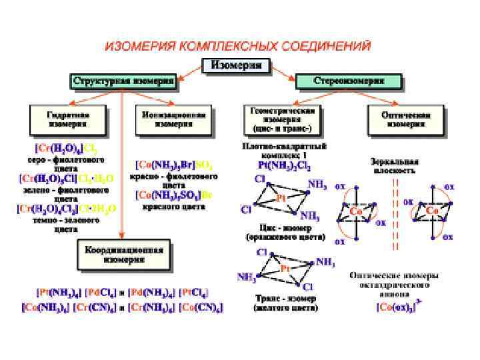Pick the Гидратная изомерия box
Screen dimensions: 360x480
click(x=68, y=119)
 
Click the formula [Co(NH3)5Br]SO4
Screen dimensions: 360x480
click(x=176, y=163)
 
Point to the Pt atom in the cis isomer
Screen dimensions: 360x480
click(x=281, y=199)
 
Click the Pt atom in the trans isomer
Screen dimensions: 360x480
click(x=285, y=269)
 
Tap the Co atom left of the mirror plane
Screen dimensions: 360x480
click(x=357, y=211)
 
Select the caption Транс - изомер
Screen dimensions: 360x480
click(x=281, y=298)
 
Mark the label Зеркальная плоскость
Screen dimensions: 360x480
click(x=395, y=165)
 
